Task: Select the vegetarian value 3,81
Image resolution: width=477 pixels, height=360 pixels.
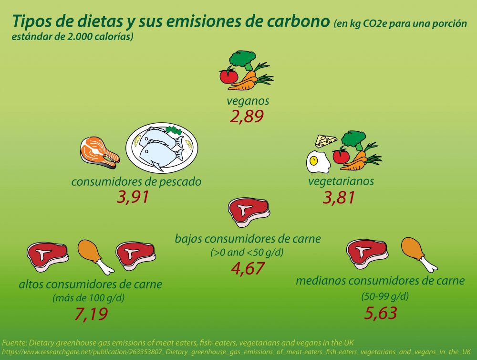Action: (x=339, y=197)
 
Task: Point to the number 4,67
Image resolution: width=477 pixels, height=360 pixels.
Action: (x=247, y=268)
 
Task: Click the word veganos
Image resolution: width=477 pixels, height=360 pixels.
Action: (x=248, y=101)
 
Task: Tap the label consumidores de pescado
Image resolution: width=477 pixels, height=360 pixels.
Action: (x=136, y=181)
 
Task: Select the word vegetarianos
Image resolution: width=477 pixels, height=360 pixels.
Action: (x=341, y=181)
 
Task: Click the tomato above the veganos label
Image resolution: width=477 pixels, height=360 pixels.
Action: (x=228, y=76)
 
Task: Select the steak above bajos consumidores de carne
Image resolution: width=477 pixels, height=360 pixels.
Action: (x=249, y=211)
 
